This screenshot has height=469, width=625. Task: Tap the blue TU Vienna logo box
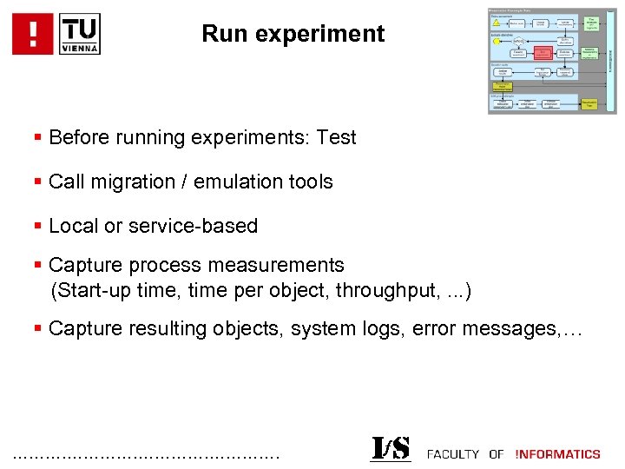(x=80, y=34)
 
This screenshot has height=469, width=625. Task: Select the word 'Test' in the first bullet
(x=336, y=137)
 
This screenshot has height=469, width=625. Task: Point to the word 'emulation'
(x=237, y=182)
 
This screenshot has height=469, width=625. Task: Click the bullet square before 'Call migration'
(x=37, y=182)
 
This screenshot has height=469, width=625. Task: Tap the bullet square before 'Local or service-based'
(x=37, y=226)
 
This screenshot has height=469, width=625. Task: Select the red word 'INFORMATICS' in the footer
(x=558, y=454)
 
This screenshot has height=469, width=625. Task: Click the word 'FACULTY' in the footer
(x=452, y=454)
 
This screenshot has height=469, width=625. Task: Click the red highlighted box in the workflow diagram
(x=543, y=52)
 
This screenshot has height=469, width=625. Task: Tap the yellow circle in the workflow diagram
(x=497, y=41)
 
